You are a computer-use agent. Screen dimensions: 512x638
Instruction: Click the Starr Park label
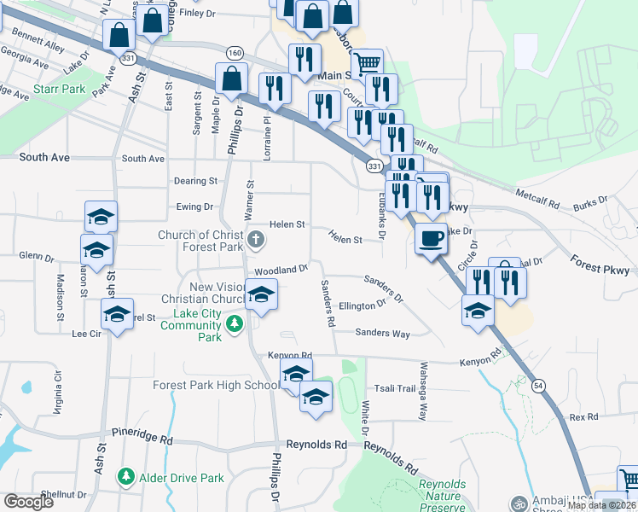[x=59, y=89]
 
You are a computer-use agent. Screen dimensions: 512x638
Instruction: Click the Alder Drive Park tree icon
[x=126, y=475]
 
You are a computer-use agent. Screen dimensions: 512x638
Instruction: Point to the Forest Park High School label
[x=216, y=385]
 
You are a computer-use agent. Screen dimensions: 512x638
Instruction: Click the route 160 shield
[x=234, y=52]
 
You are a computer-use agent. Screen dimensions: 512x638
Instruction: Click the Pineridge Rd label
[x=142, y=436]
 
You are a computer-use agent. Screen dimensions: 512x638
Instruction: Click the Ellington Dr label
[x=362, y=305]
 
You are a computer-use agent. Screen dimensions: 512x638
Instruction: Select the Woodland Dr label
[x=281, y=270]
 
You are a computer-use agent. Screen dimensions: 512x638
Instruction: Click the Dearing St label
[x=196, y=181]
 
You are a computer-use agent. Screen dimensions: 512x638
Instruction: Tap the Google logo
[x=29, y=502]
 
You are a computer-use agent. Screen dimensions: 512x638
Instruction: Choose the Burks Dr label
[x=590, y=202]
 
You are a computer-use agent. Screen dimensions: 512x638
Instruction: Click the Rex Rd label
[x=583, y=417]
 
